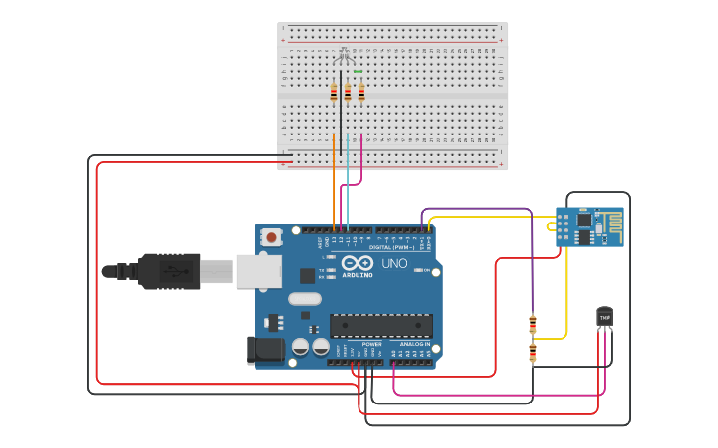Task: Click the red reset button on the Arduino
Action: pos(271,237)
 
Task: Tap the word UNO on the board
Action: pos(394,263)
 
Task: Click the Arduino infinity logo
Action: pos(359,263)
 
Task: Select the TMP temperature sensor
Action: pos(604,315)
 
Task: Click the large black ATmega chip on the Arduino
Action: pos(381,325)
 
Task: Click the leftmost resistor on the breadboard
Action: pos(334,93)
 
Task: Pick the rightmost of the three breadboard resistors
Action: pos(361,93)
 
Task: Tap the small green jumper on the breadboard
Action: pos(358,72)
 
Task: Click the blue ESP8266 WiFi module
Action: pos(589,226)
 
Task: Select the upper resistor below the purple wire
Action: pos(533,323)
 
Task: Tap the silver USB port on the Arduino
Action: pos(257,271)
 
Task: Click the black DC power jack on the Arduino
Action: pos(260,349)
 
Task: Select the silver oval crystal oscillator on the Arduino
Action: pos(305,299)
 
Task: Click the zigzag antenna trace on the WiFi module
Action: pos(611,226)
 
